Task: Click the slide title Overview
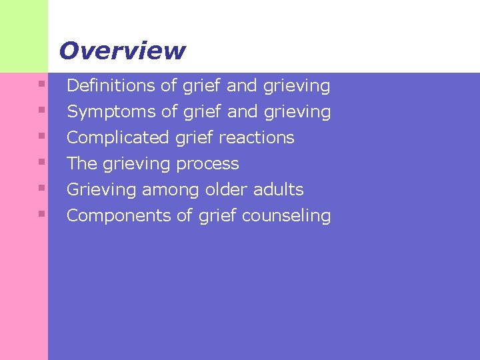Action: [x=122, y=51]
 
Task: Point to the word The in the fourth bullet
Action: [x=82, y=164]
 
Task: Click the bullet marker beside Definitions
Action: [x=41, y=84]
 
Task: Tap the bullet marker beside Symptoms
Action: [x=41, y=110]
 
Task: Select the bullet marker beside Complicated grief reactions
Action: [x=41, y=136]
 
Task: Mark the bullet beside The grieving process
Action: [x=41, y=162]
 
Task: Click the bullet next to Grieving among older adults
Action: [x=41, y=188]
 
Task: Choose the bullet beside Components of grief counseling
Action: [x=41, y=214]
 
